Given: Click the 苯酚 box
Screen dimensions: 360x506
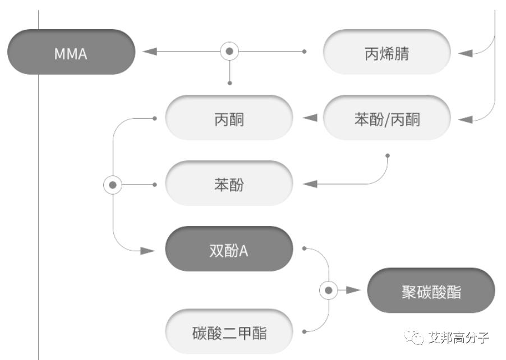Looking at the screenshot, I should point(229,184).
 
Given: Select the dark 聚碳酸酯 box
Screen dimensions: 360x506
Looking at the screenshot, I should point(431,290).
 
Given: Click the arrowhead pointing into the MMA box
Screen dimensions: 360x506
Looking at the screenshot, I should point(149,52).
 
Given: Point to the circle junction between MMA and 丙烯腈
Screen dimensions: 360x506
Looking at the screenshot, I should point(229,52).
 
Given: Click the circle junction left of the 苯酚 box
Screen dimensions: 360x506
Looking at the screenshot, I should point(113,184).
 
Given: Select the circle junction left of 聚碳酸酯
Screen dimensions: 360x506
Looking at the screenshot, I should point(329,290).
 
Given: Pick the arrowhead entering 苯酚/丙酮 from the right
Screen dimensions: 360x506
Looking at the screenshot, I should point(466,118).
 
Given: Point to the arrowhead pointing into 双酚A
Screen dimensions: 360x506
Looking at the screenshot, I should point(148,250).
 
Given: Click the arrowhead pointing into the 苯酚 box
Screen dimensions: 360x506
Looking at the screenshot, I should point(310,184).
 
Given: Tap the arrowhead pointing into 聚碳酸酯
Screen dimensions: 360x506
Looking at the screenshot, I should point(353,290).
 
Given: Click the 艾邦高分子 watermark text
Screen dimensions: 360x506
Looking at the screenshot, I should point(458,338).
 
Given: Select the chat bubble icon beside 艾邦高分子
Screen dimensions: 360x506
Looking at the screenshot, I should point(416,337).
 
